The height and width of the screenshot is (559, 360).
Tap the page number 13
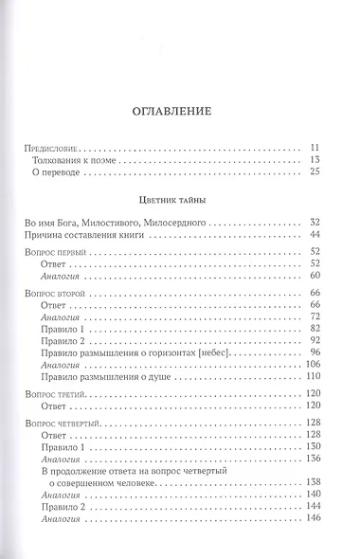point(317,161)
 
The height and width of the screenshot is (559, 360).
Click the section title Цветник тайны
point(180,201)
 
